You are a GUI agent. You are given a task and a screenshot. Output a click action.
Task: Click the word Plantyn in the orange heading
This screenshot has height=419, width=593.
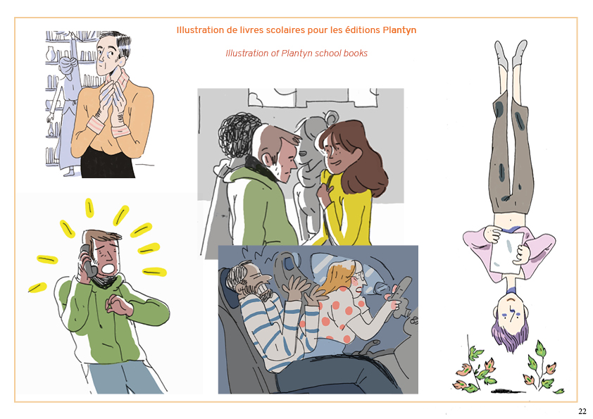click(399, 30)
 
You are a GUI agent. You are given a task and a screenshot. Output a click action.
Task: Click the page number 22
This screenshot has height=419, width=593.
click(582, 411)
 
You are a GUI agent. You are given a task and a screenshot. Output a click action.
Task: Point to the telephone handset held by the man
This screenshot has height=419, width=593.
click(87, 261)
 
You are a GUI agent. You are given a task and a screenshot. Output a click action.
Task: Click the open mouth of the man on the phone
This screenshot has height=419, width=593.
click(108, 268)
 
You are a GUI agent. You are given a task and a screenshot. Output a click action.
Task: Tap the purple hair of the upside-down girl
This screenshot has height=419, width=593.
click(510, 337)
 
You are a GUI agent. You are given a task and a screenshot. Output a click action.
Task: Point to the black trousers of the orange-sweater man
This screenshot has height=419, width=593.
click(108, 163)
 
